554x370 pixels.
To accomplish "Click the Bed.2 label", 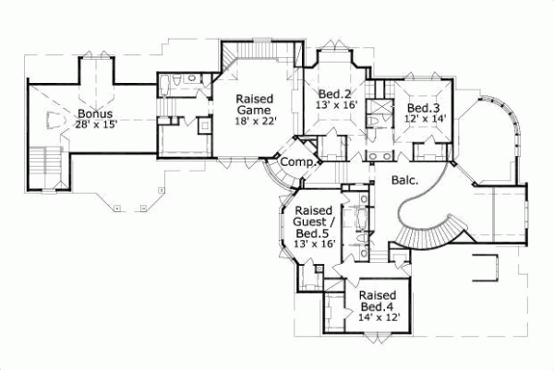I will [x=334, y=94].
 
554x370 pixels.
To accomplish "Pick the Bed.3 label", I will [x=419, y=108].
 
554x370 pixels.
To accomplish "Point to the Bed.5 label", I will [x=314, y=233].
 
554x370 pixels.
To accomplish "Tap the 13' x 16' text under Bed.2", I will [x=335, y=106].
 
